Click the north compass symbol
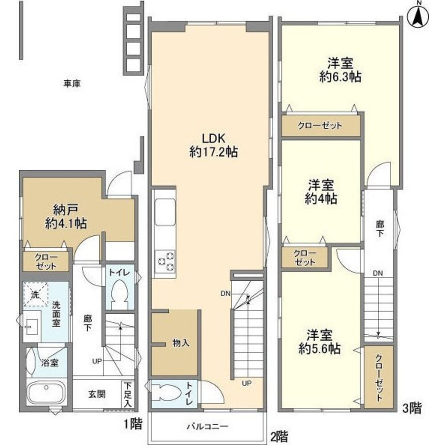tap(418, 16)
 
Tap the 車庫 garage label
tap(72, 84)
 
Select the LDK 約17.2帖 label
tap(214, 146)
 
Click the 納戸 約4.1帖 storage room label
tap(66, 217)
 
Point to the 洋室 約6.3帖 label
tap(340, 70)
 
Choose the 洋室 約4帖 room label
tap(321, 192)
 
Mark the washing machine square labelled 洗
tap(36, 294)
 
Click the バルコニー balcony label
tap(207, 427)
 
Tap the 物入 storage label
tap(181, 343)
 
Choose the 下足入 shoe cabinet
tap(128, 394)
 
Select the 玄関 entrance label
tap(97, 394)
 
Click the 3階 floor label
tap(412, 408)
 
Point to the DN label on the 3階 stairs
tap(378, 273)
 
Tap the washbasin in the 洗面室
tap(31, 326)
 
